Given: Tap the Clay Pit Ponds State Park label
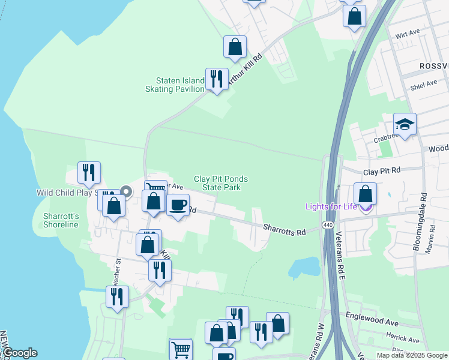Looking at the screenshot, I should coord(220,183).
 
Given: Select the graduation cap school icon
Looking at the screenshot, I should coord(405,125).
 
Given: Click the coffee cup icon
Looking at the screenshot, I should coord(178,205).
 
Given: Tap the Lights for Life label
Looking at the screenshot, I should coord(331,207).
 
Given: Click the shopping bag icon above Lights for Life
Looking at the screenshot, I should coord(365,194).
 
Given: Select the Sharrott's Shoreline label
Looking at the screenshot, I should coord(61,220).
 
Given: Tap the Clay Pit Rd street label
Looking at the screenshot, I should coord(382,172).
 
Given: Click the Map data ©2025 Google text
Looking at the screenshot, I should coord(411,355).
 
